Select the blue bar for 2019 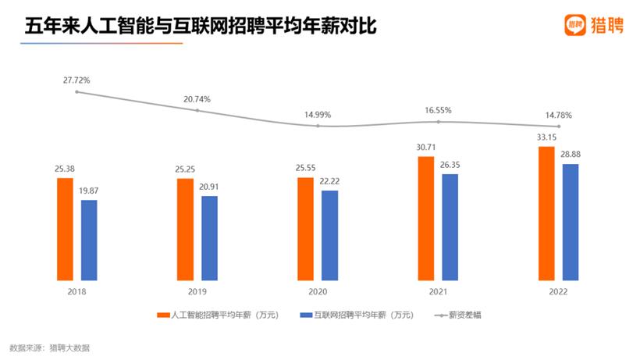(x=209, y=237)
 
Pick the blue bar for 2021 (x=450, y=226)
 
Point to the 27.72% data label (x=77, y=80)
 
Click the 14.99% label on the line (x=318, y=114)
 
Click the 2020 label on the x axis (x=318, y=291)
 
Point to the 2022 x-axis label (x=559, y=291)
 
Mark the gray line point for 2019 (x=197, y=110)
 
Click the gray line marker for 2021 (x=439, y=121)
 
